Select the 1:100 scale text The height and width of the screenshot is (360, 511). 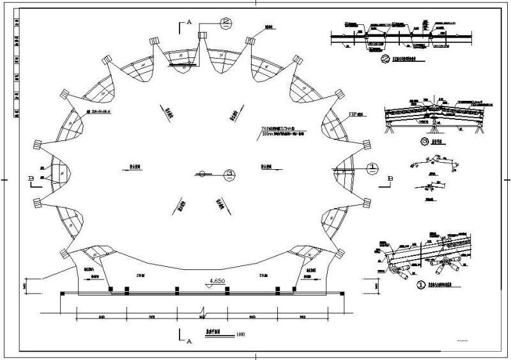coord(240,334)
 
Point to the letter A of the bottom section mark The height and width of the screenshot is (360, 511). coord(190,341)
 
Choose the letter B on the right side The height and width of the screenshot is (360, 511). coord(391,177)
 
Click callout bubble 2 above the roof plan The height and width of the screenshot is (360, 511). coord(225,23)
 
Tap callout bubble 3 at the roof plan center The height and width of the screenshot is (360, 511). coord(228,172)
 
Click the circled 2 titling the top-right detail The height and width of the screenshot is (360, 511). coord(385,62)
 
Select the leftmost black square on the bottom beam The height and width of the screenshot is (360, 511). coord(111,290)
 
